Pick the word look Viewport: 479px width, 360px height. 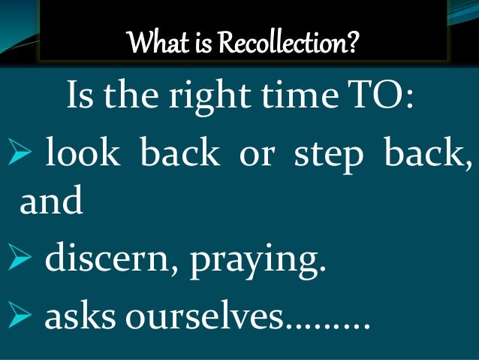(x=82, y=156)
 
